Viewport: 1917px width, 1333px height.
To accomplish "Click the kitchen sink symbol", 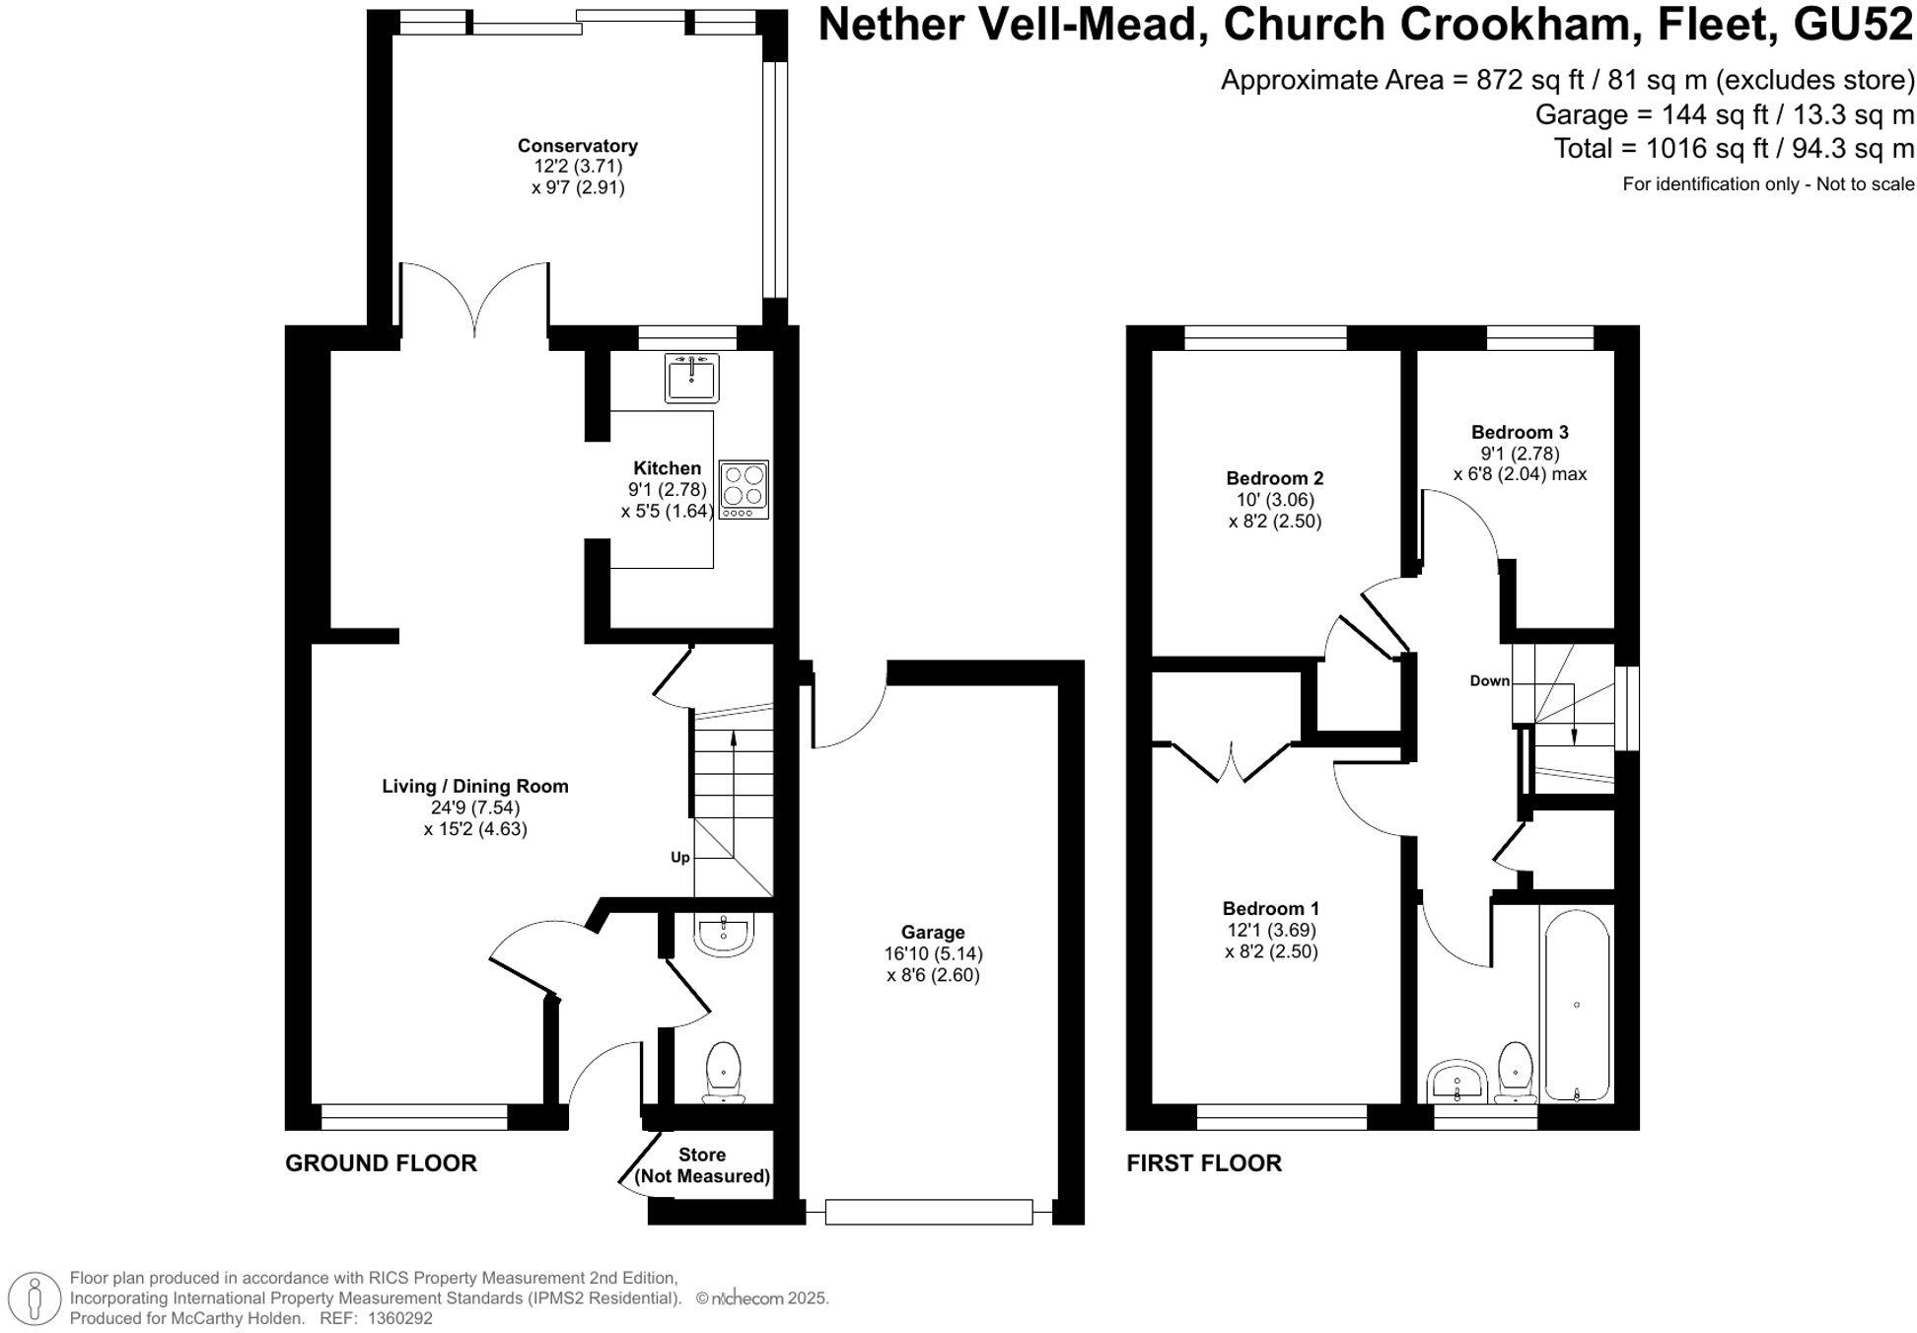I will coord(691,378).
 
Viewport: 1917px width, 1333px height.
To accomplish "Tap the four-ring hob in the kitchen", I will coord(744,489).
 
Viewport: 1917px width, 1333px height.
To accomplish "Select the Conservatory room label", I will coord(578,146).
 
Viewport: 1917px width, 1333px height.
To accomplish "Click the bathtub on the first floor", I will coord(1577,1004).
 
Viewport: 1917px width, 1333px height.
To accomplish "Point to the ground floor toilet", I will coord(724,1072).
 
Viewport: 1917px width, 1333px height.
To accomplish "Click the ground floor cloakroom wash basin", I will coord(724,935).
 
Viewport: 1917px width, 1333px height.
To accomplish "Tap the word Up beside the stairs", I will coord(680,857).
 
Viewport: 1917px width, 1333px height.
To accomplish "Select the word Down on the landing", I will coord(1489,680).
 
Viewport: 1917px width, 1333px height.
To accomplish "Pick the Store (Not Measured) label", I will coord(702,1164).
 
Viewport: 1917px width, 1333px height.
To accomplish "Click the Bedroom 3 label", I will coord(1520,432).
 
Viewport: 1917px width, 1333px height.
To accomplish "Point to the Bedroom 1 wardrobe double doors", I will coord(1231,762).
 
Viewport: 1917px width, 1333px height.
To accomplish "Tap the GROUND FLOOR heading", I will coord(381,1162).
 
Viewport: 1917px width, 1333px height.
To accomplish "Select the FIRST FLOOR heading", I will coord(1204,1162).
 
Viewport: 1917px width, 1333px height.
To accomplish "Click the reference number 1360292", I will coord(399,1317).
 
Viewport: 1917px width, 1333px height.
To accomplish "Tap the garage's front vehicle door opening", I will coord(929,1211).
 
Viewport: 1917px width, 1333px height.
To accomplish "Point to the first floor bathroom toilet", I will coord(1515,1074).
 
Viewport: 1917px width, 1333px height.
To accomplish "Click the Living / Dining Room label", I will coord(475,786).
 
